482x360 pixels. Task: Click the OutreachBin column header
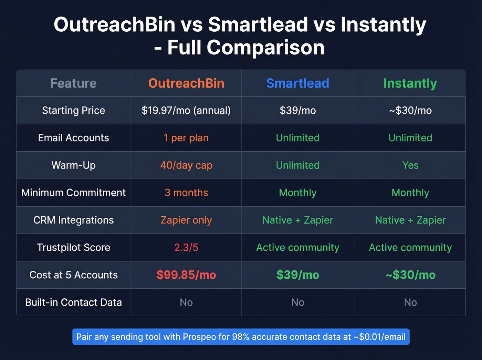(x=186, y=83)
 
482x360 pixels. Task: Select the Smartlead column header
(x=297, y=83)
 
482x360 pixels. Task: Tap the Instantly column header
(x=410, y=83)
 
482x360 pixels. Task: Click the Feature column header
(x=73, y=83)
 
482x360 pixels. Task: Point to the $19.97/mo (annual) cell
(x=186, y=111)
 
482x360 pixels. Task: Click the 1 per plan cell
(x=186, y=138)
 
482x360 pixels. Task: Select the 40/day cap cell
(x=186, y=165)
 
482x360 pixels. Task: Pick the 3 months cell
(x=186, y=193)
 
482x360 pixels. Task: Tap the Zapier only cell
(x=186, y=220)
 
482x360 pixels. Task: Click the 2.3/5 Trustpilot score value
(x=186, y=247)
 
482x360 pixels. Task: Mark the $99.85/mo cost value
(x=186, y=275)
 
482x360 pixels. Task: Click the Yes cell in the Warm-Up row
(x=410, y=165)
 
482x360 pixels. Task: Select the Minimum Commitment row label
(x=73, y=193)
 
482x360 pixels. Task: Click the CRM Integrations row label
(x=73, y=220)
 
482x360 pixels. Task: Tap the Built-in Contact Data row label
(x=73, y=302)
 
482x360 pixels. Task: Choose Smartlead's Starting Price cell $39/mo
(x=297, y=111)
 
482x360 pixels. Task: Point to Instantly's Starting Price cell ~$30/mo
(x=410, y=111)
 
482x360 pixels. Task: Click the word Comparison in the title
(x=265, y=48)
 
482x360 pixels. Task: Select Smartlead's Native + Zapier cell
(x=297, y=220)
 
